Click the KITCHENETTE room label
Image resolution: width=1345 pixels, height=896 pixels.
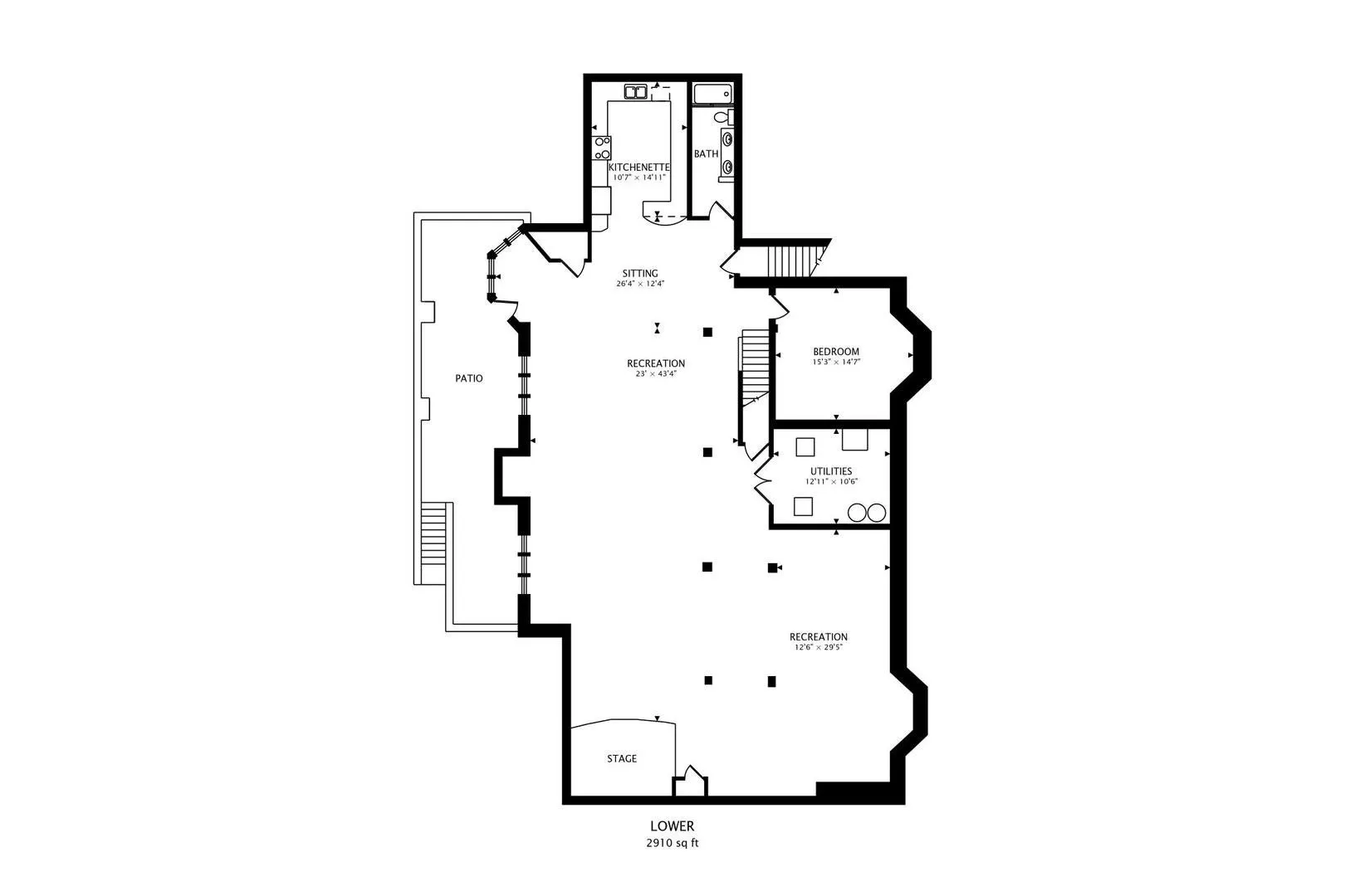tap(639, 167)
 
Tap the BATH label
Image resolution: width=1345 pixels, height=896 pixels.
tap(706, 153)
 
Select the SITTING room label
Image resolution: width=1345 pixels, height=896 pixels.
tap(640, 273)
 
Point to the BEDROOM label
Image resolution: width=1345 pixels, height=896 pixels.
tap(836, 352)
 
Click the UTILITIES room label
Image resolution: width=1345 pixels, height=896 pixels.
tap(831, 471)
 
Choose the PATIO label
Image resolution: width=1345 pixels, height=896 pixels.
tap(469, 378)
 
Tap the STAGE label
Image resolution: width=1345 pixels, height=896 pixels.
tap(622, 758)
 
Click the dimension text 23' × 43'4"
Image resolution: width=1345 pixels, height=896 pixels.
tap(656, 373)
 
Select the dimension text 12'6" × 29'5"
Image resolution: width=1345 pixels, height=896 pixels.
tap(819, 647)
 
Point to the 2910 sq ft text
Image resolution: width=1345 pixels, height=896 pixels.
tap(672, 843)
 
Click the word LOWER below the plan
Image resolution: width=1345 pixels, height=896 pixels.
tap(672, 826)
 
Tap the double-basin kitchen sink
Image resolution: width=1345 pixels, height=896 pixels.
tap(635, 92)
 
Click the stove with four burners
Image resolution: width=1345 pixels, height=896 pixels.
tap(602, 148)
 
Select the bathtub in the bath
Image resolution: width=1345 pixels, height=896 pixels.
tap(712, 95)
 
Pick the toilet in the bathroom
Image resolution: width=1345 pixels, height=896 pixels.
tap(723, 117)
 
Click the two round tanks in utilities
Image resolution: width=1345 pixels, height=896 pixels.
tap(867, 513)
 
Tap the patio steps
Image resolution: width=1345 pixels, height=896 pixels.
tap(433, 533)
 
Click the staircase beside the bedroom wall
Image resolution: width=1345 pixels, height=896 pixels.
tap(755, 368)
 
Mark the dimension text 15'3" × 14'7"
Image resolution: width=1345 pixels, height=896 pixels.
tap(836, 362)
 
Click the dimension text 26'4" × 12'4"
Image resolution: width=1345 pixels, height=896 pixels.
tap(640, 284)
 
